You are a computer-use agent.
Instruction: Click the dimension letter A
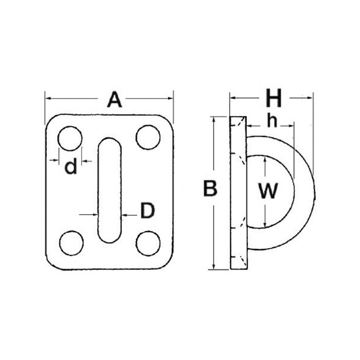pos(114,100)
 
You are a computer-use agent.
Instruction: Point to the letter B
pos(210,188)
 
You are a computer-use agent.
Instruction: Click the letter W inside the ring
pos(268,190)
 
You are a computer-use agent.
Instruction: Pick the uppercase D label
pos(148,210)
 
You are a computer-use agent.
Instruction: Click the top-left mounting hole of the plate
pos(70,139)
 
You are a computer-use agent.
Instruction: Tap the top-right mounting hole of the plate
pos(148,137)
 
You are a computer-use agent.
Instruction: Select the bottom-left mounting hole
pos(71,243)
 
